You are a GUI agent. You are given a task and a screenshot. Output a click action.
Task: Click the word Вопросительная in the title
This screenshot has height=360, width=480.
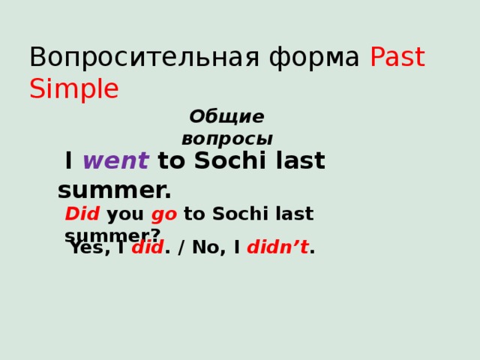tap(119, 58)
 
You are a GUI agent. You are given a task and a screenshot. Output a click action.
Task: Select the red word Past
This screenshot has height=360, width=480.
tap(397, 58)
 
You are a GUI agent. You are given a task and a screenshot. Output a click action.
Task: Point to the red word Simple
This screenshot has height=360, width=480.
tap(73, 90)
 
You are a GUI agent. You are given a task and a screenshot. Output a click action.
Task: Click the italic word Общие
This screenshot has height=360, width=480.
tap(226, 117)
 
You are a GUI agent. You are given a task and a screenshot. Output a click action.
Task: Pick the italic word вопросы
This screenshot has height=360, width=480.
tap(227, 139)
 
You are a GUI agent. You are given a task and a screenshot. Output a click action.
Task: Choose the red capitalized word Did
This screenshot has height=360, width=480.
tap(82, 214)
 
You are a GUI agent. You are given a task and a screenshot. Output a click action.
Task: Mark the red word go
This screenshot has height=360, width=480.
tap(164, 214)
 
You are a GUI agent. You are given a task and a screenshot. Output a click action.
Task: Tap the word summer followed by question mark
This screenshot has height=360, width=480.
tap(112, 235)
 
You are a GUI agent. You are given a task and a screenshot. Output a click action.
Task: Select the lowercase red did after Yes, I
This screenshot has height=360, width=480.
tap(147, 248)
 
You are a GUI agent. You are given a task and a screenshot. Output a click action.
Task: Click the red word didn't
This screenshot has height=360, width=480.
tap(277, 248)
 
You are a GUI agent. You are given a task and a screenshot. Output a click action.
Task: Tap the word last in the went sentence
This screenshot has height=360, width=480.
tap(300, 161)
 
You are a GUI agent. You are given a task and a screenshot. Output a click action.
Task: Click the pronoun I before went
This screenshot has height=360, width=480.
tap(69, 161)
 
